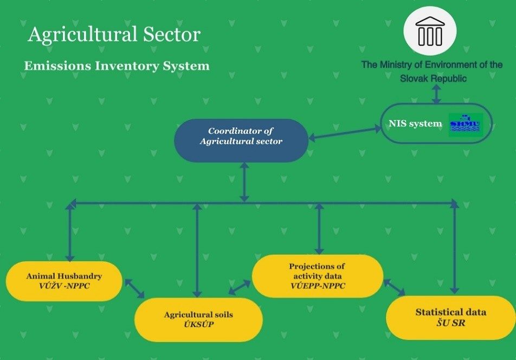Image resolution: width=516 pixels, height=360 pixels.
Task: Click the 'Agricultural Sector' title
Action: tap(114, 35)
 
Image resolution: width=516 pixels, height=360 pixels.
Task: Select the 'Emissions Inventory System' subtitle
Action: tap(117, 66)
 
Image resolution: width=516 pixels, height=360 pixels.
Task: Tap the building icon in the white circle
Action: tap(430, 31)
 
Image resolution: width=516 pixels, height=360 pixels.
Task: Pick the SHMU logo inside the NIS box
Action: tap(465, 125)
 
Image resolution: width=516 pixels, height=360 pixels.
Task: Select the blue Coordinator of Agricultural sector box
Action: tap(241, 140)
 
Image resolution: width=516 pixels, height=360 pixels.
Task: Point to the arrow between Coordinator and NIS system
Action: tap(345, 133)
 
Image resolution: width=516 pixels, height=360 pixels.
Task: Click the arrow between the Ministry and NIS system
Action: tap(436, 93)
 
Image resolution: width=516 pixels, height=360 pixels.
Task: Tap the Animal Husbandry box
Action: tap(64, 281)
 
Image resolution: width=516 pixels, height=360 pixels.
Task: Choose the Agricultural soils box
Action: tap(198, 319)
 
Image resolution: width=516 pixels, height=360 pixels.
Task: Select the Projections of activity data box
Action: tap(317, 276)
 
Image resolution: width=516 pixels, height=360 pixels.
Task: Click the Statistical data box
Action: tap(450, 317)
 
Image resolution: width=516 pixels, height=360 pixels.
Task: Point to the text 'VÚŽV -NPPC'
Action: tap(64, 286)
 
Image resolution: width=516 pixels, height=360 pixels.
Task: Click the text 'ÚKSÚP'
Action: tap(198, 325)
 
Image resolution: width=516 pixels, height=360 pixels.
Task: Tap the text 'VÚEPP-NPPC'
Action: tap(317, 286)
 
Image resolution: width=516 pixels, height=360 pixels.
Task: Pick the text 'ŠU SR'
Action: tap(450, 323)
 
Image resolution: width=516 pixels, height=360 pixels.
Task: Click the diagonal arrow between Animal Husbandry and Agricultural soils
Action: tap(135, 288)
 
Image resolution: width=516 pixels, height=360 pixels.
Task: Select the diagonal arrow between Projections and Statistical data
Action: tap(394, 287)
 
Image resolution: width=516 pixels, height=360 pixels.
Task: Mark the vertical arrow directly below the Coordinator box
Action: tap(244, 182)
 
